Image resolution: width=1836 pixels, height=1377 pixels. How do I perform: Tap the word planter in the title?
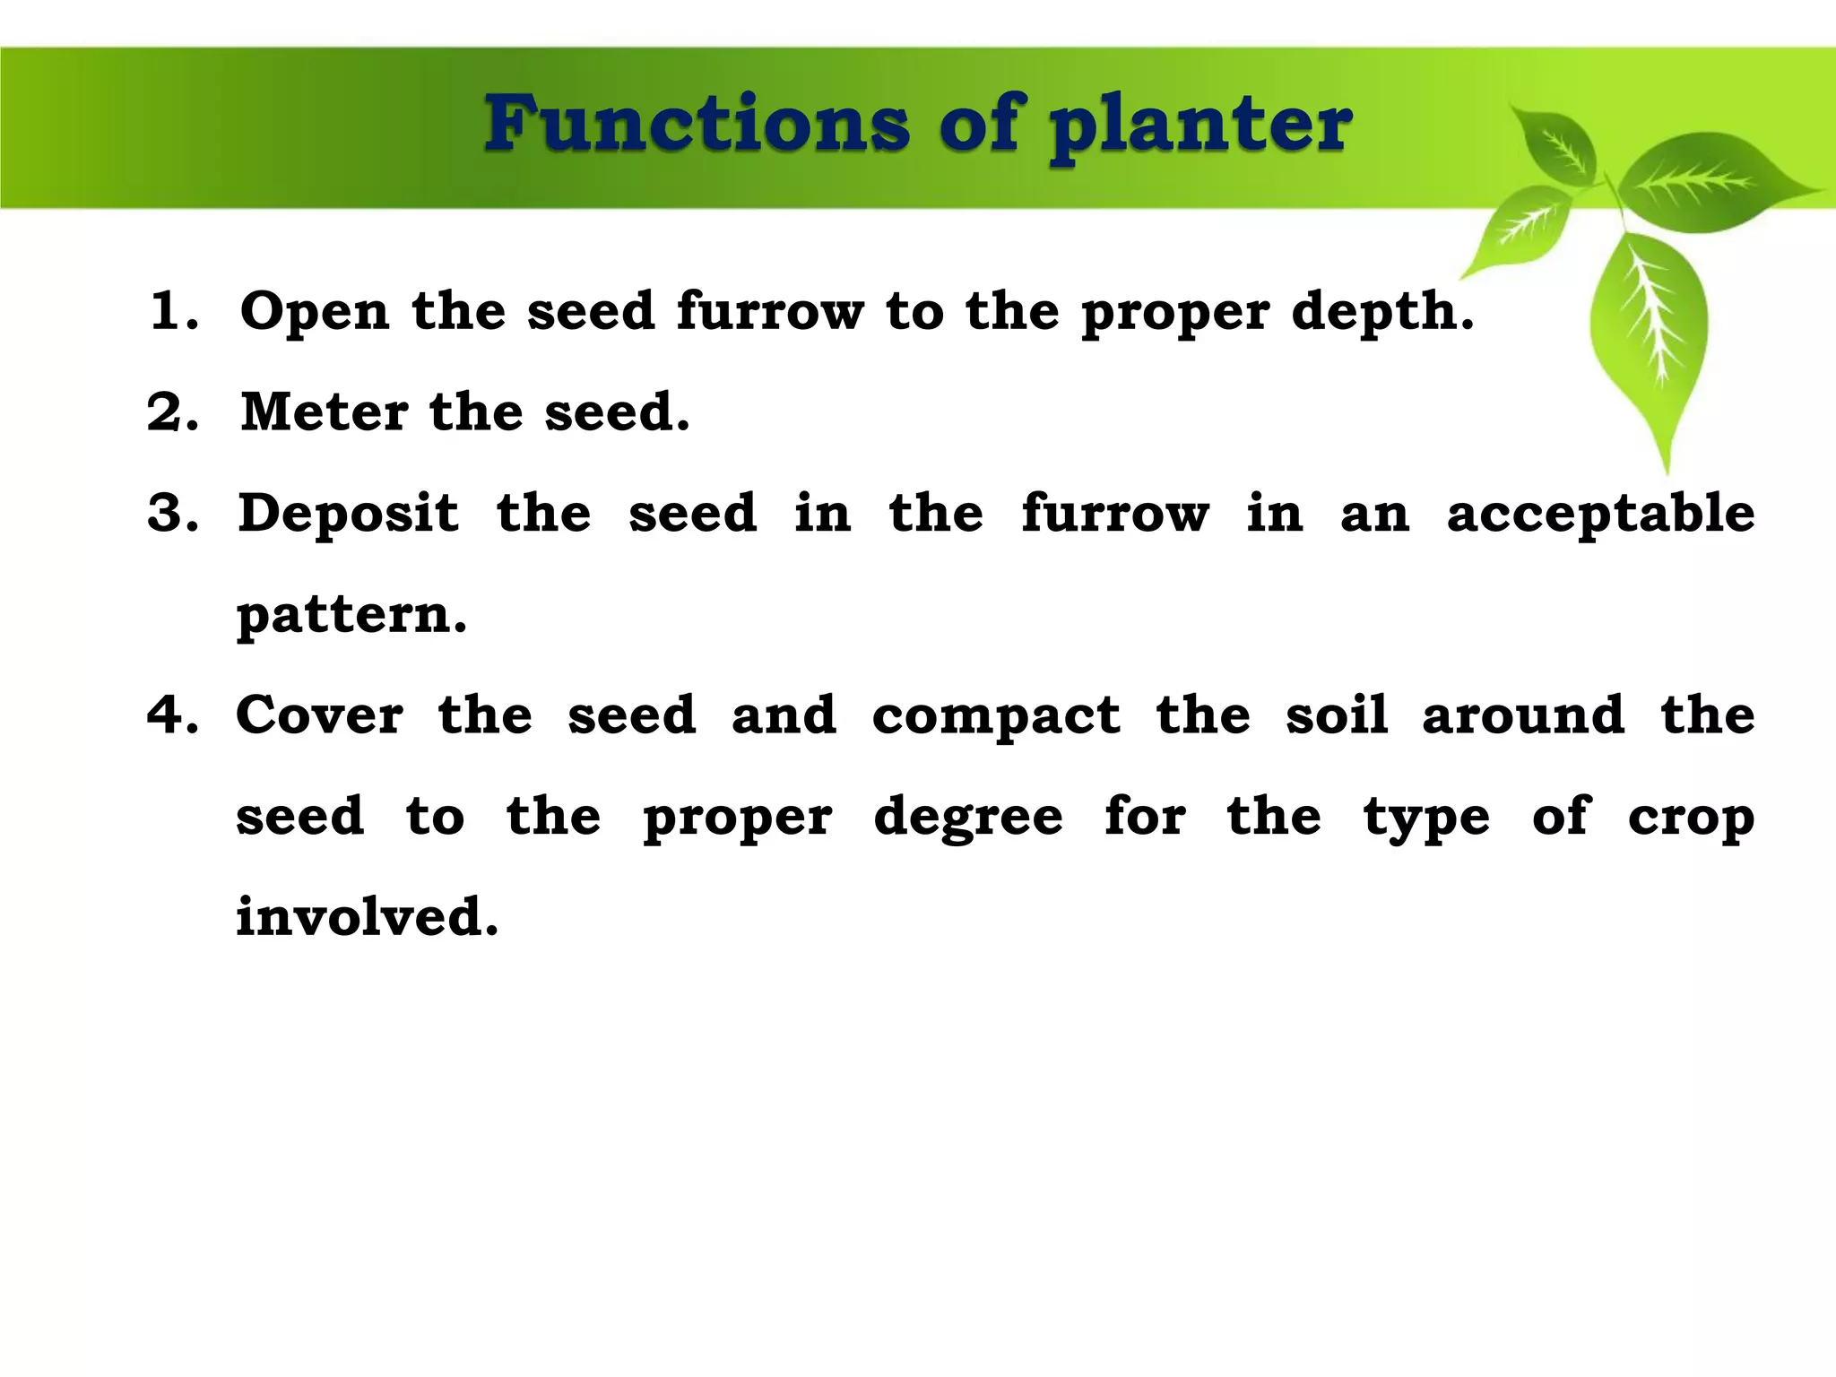(1201, 130)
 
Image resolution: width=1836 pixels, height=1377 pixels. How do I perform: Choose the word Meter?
(325, 412)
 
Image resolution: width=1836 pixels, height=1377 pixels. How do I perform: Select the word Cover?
(319, 715)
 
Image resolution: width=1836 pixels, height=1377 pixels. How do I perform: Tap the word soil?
(1337, 715)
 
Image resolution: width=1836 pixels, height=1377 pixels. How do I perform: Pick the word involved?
(366, 917)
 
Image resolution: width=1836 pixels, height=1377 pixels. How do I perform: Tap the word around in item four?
(1523, 715)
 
